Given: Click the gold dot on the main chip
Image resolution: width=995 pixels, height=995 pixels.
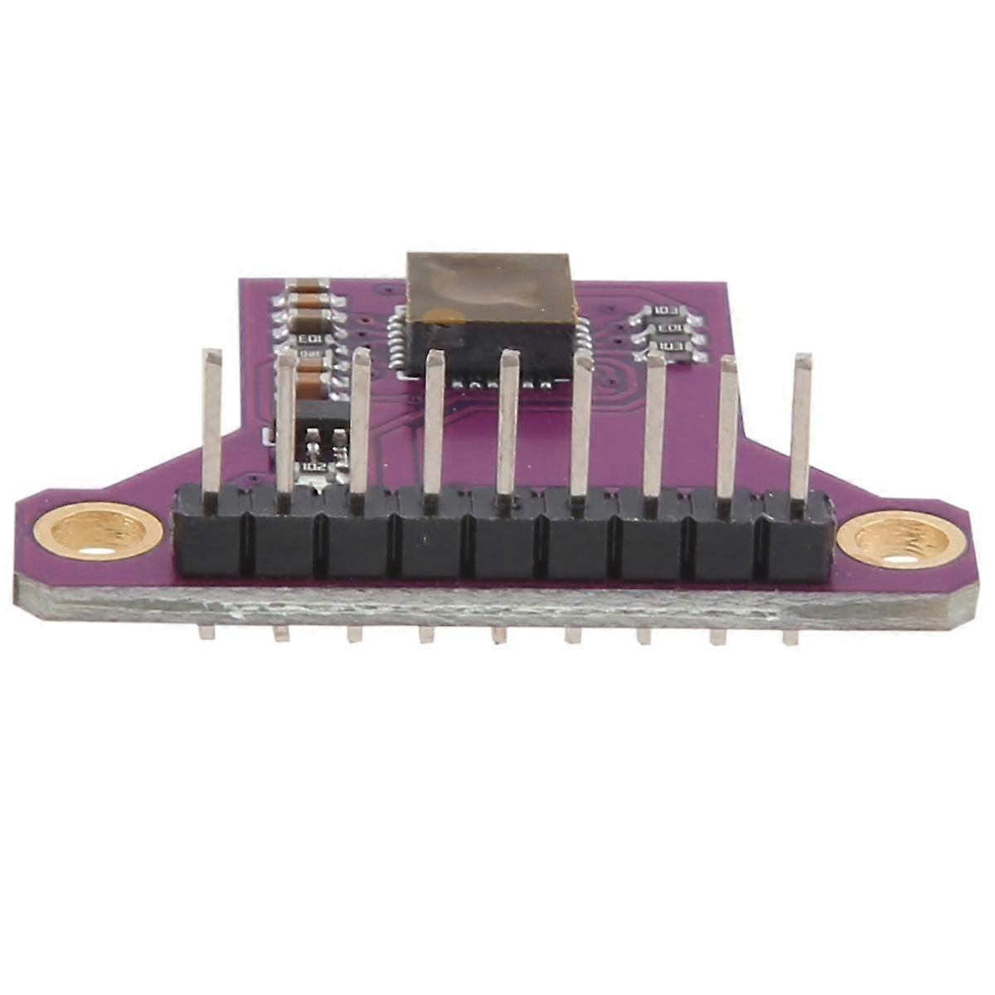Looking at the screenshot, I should click(445, 316).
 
